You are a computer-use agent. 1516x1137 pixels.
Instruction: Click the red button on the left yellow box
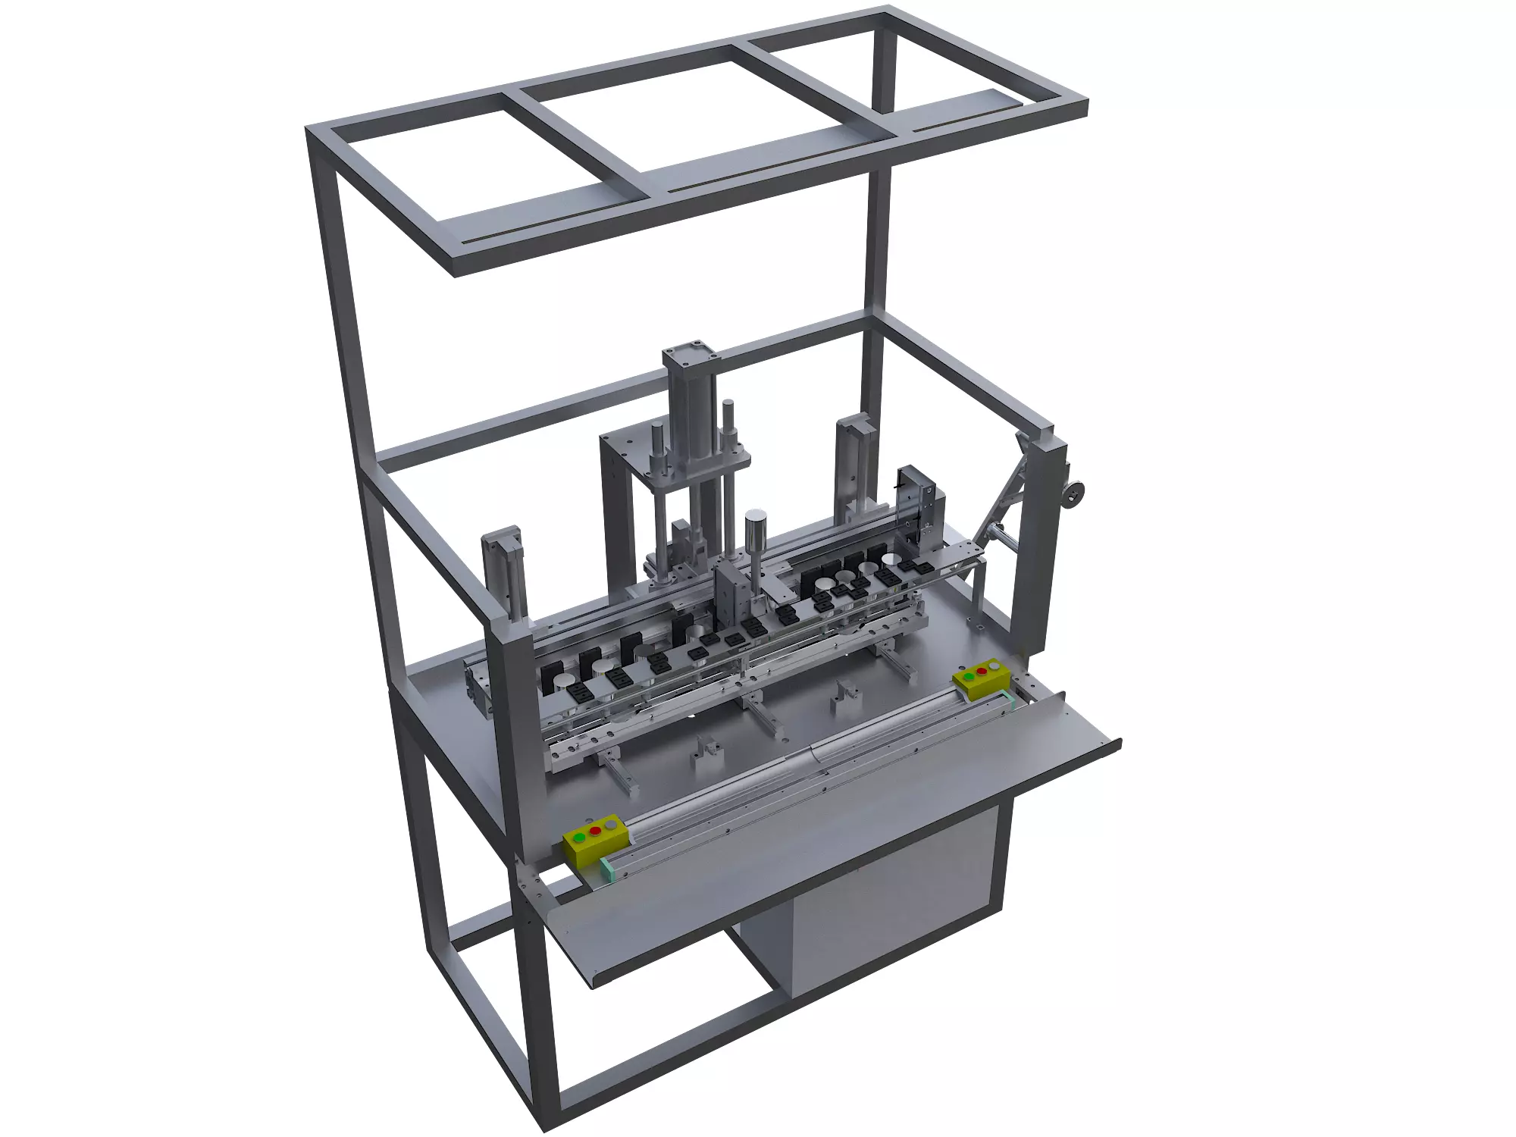pos(595,831)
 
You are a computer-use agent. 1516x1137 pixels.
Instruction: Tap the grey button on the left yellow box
pos(611,824)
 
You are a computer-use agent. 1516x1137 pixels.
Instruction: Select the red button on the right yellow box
pos(983,671)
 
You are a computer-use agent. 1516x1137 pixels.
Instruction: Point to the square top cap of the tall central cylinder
pos(689,355)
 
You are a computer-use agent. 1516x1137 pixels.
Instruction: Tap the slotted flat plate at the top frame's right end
pos(963,110)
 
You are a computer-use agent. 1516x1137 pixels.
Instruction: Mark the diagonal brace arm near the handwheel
pos(1001,493)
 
